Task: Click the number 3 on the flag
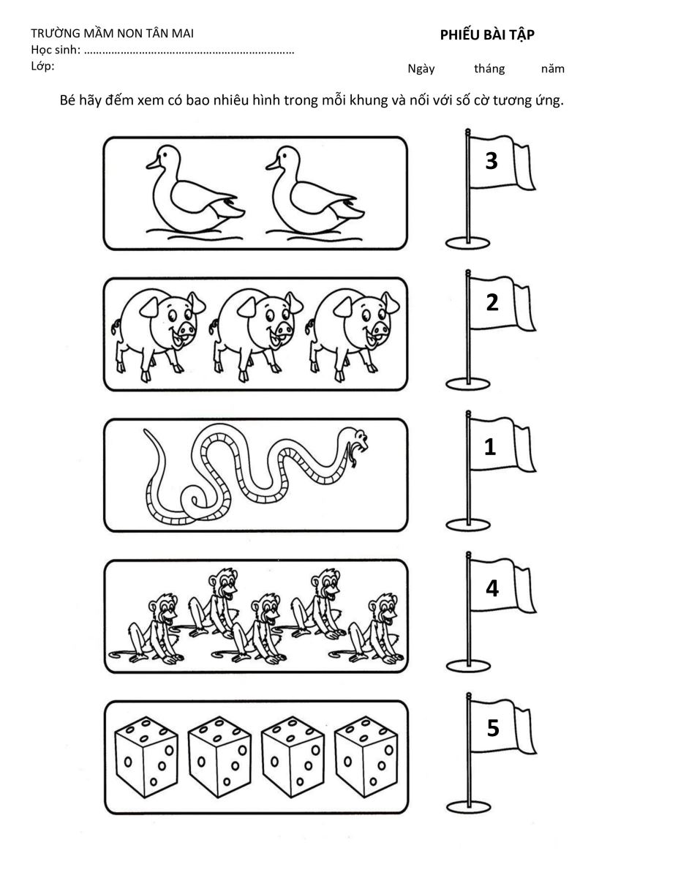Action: tap(491, 160)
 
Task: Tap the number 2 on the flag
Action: tap(491, 302)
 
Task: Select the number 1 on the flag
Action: tap(490, 446)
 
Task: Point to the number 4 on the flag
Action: tap(492, 588)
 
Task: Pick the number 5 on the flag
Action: tap(493, 728)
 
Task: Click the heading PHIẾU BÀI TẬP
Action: tap(487, 36)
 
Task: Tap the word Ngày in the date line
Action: tap(421, 69)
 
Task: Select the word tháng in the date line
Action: tap(489, 69)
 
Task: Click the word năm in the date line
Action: tap(553, 69)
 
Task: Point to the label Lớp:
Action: tap(42, 67)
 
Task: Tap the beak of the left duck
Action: tap(153, 163)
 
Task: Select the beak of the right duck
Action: tap(272, 164)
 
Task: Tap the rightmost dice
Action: tap(366, 757)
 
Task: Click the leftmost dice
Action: tap(146, 757)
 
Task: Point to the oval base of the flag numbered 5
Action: tap(468, 806)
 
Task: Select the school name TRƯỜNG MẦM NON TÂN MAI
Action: tap(112, 33)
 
